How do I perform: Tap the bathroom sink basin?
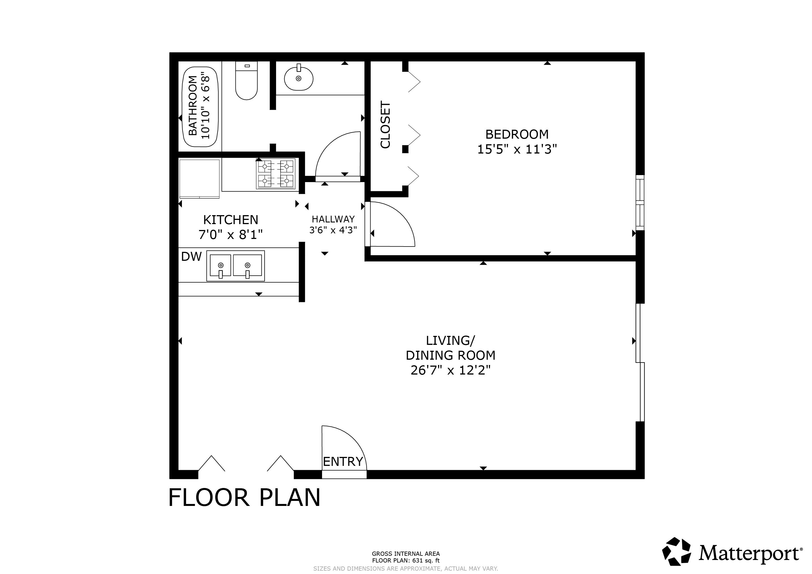[x=299, y=78]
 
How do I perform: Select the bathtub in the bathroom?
[x=200, y=107]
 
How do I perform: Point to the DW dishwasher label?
[x=191, y=257]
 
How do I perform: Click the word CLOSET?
[x=385, y=124]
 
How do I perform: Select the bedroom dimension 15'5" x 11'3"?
[x=517, y=150]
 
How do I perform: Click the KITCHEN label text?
[x=231, y=220]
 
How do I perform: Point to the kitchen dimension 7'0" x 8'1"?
[x=231, y=235]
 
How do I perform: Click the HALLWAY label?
[x=333, y=219]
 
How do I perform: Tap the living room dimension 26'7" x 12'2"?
[x=450, y=370]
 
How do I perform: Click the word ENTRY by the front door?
[x=343, y=462]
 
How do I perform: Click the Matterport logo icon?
[x=677, y=552]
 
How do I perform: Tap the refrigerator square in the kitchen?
[x=200, y=179]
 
